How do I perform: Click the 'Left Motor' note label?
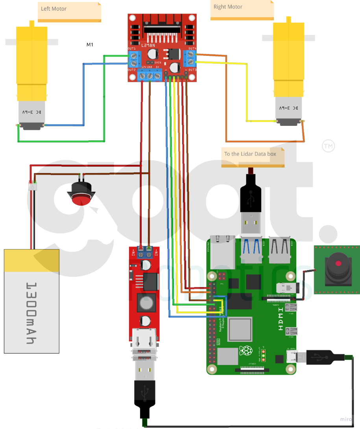click(54, 9)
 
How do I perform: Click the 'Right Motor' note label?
click(228, 7)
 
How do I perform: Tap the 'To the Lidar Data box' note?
click(250, 154)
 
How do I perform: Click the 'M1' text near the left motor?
click(90, 45)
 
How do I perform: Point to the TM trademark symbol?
click(328, 146)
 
